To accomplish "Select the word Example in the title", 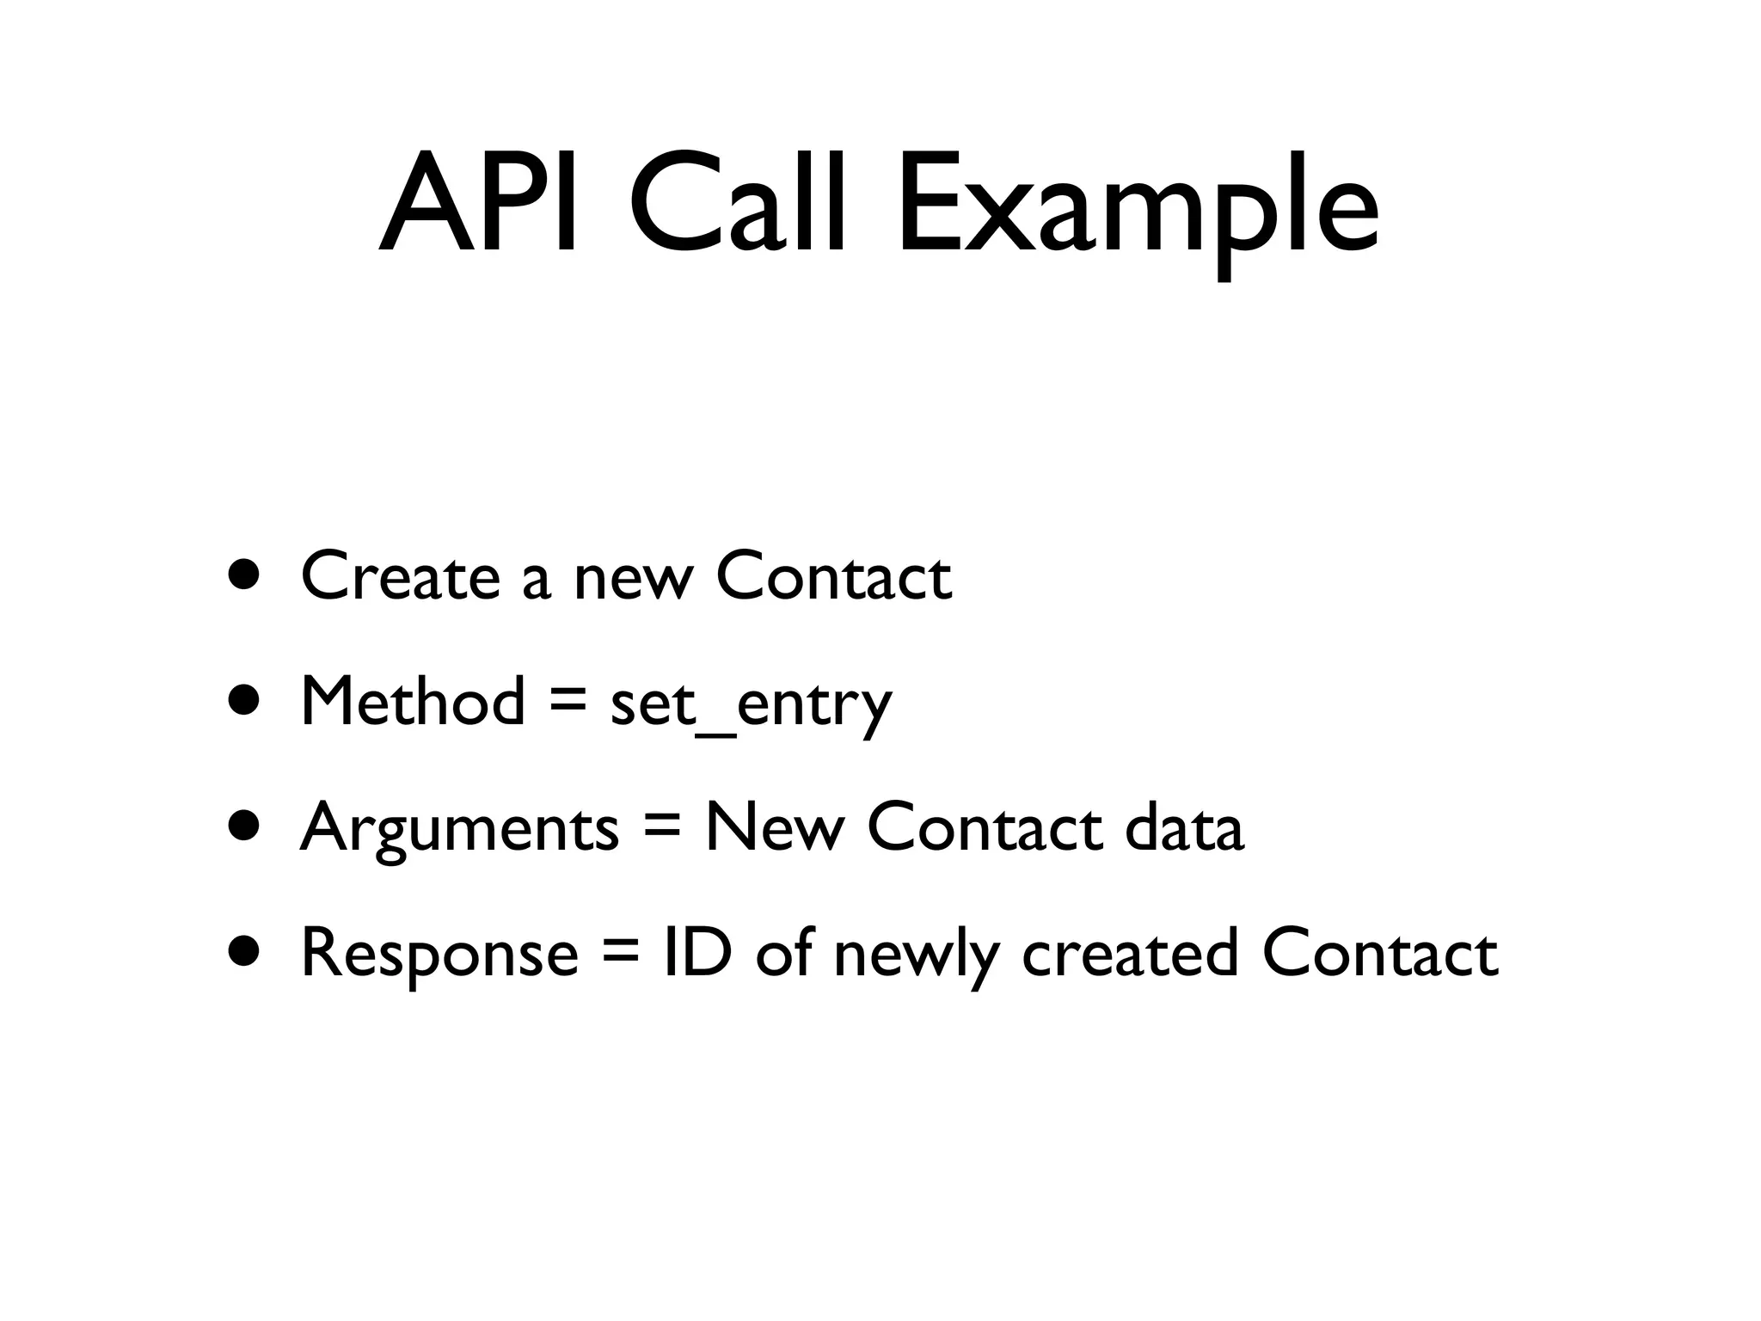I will tap(1137, 211).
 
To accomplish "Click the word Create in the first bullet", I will tap(399, 575).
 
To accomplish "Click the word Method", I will tap(412, 701).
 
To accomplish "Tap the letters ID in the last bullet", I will tap(697, 952).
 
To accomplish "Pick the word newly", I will tap(917, 956).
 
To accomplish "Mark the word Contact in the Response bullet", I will tap(1379, 953).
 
